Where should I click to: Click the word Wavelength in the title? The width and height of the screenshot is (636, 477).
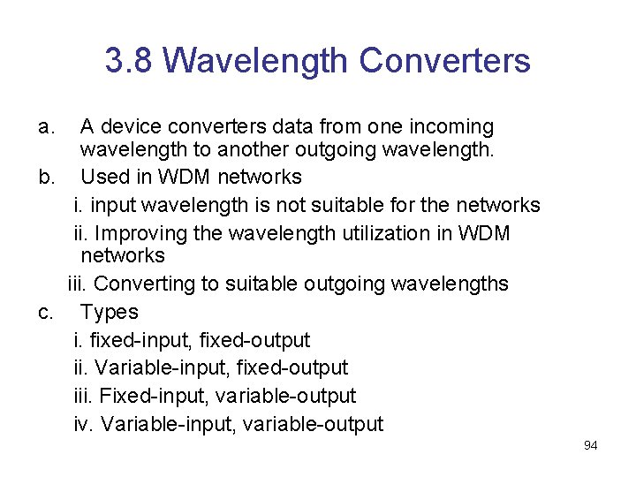pyautogui.click(x=255, y=61)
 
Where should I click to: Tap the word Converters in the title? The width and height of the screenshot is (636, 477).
pyautogui.click(x=445, y=61)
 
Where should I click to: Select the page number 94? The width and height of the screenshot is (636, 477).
pyautogui.click(x=590, y=445)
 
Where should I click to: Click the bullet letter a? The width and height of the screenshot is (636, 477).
pyautogui.click(x=47, y=127)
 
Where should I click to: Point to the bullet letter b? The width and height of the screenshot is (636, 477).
pyautogui.click(x=47, y=177)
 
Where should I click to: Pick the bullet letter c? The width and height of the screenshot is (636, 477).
pyautogui.click(x=47, y=312)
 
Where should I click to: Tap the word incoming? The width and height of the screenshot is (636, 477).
pyautogui.click(x=449, y=127)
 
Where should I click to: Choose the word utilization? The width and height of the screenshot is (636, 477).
pyautogui.click(x=382, y=233)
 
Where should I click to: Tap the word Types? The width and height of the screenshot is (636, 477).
pyautogui.click(x=109, y=312)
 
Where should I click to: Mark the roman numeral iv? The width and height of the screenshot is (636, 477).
pyautogui.click(x=83, y=424)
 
